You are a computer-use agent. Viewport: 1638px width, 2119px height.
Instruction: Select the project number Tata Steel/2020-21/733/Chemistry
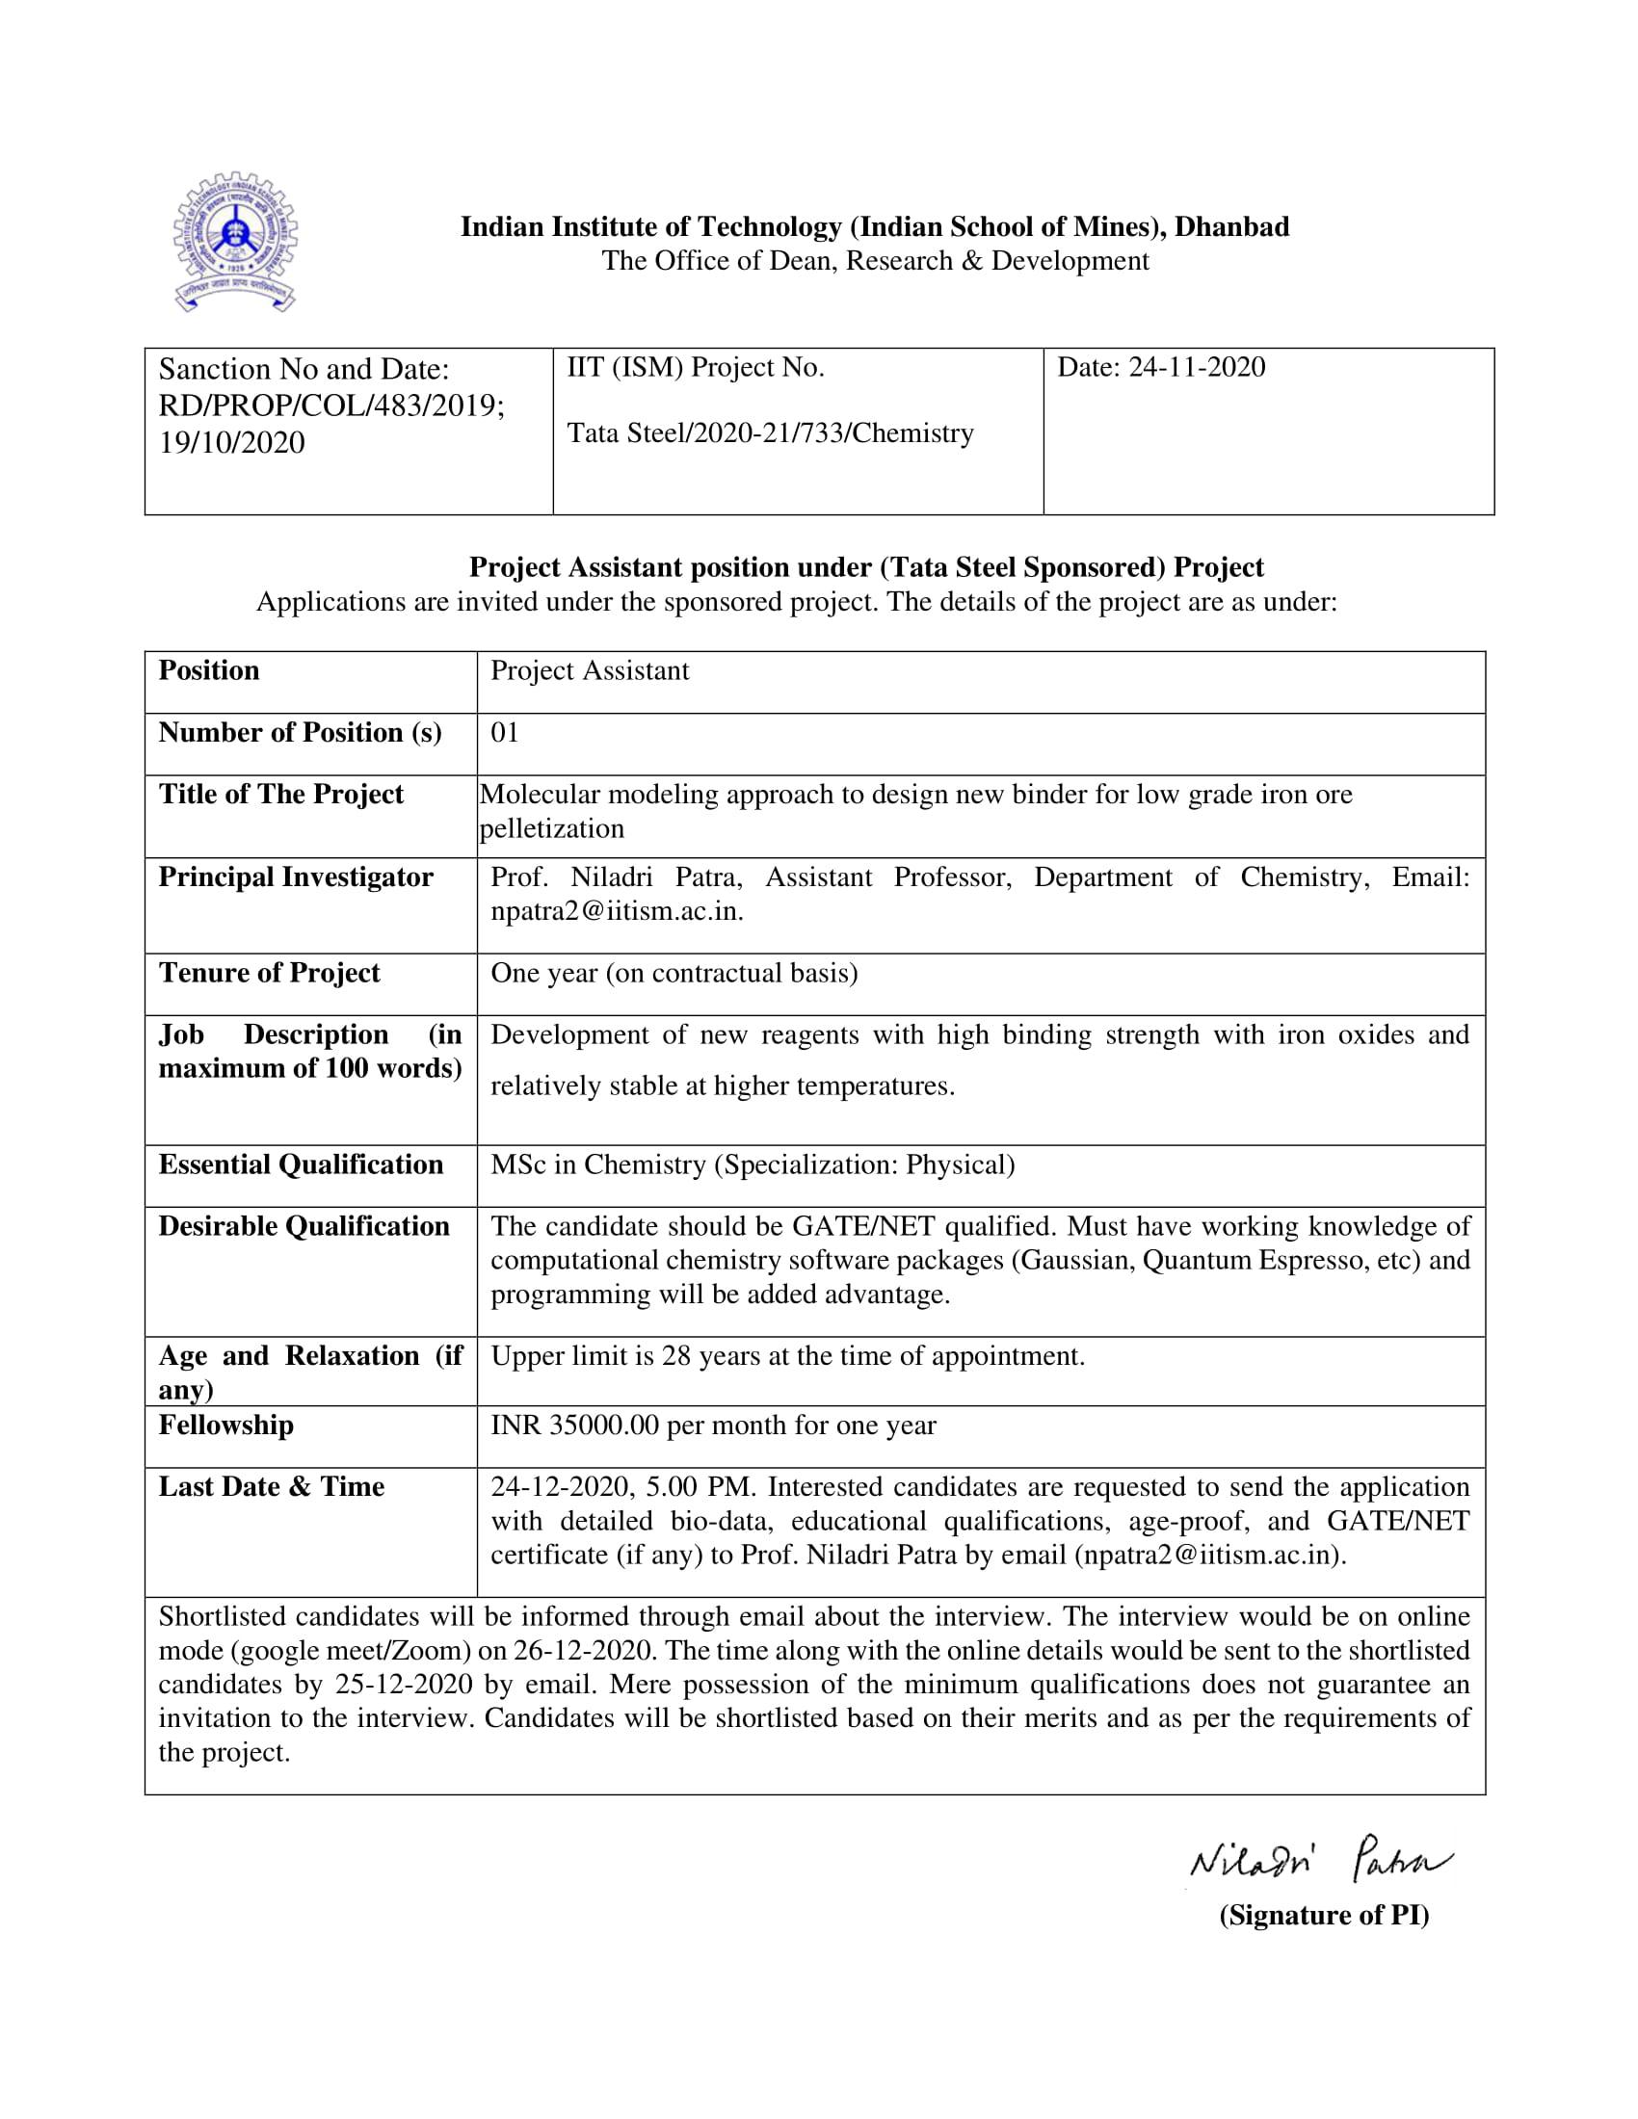coord(770,432)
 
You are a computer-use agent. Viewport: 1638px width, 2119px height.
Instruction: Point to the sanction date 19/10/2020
coord(232,442)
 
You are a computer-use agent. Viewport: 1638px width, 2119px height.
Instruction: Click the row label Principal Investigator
coord(296,877)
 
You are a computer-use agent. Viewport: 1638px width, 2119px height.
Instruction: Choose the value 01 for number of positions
coord(505,733)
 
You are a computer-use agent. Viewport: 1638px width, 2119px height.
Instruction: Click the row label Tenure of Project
coord(269,973)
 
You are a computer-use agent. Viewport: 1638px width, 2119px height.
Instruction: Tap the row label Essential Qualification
coord(301,1164)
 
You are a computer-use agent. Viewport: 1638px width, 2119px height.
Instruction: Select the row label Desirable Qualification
coord(304,1226)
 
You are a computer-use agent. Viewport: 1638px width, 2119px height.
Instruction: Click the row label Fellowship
coord(226,1426)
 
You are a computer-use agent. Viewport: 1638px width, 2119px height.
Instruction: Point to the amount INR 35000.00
coord(575,1426)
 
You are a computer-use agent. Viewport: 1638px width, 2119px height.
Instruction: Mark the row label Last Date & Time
coord(272,1487)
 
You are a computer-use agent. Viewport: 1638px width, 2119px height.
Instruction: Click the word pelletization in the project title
coord(552,828)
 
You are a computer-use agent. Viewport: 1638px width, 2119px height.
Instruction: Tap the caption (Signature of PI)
coord(1324,1915)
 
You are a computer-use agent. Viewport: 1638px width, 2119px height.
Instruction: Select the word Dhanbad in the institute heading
coord(1231,227)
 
